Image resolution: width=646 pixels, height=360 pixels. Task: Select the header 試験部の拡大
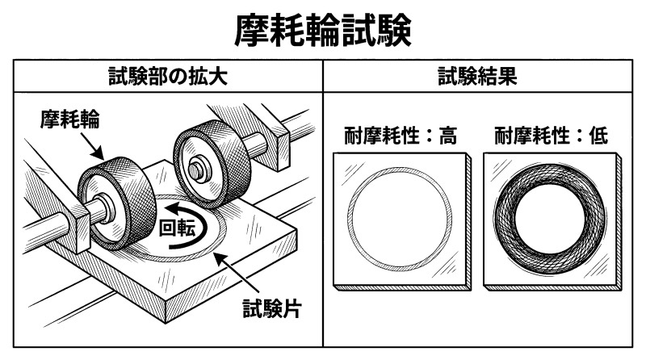168,78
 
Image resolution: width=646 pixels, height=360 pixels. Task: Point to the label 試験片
271,308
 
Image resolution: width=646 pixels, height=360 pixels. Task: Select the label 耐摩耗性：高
396,135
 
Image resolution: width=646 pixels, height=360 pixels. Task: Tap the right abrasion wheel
212,155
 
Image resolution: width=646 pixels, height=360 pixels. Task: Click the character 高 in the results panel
447,135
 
